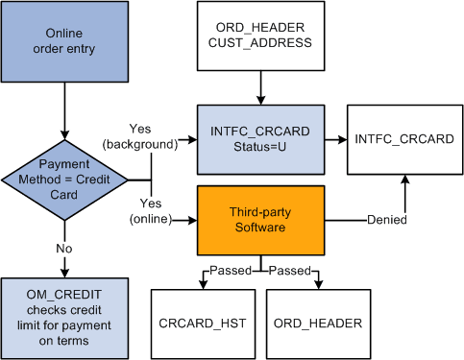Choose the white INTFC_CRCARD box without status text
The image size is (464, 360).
click(x=403, y=139)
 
